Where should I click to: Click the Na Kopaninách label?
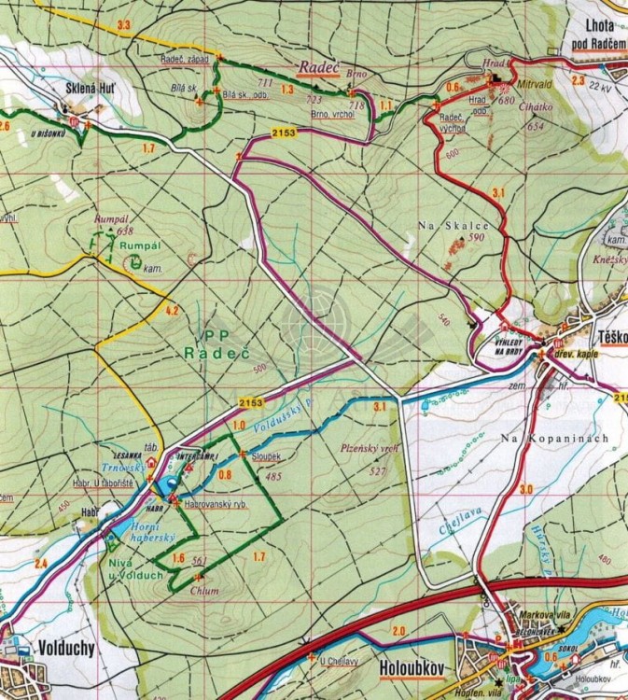[553, 438]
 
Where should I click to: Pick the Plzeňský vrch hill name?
[370, 449]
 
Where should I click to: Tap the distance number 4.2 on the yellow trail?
[171, 310]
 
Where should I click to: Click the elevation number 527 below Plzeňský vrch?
[377, 471]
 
